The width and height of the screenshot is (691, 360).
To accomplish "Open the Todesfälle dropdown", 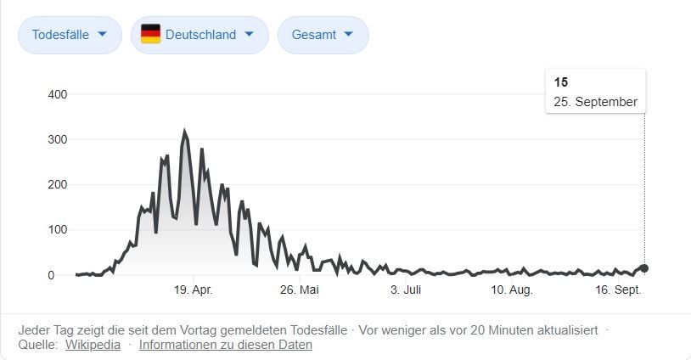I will coord(70,35).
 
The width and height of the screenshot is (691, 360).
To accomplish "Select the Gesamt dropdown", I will coord(323,35).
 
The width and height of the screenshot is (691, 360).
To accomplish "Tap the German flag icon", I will coord(150,34).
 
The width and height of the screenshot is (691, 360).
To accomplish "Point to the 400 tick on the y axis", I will coord(57,93).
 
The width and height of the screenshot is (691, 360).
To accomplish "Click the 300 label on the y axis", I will coord(57,139).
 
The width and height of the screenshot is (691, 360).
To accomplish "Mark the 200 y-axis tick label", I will coord(57,184).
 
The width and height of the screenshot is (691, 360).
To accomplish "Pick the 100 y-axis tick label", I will coord(57,230).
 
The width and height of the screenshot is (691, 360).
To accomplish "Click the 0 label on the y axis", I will coord(51,275).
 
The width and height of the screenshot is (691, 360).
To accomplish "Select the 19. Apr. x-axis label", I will coord(194,290).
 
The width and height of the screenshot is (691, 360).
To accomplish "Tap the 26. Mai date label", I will coord(299,290).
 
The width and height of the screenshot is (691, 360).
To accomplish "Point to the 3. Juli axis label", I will coord(406,290).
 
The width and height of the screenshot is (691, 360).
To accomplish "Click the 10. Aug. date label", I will coord(511,290).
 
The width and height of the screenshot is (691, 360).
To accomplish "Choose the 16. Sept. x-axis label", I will coord(618,290).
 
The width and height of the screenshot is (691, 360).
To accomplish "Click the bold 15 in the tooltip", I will coord(561,82).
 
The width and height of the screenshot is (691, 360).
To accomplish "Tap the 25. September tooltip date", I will coord(595,102).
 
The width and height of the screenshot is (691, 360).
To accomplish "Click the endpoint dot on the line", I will coord(644,268).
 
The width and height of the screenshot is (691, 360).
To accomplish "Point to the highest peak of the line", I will coord(184,132).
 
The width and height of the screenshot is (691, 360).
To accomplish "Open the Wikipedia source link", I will coord(92,345).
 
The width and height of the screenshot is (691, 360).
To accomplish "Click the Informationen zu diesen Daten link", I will coord(226,345).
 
